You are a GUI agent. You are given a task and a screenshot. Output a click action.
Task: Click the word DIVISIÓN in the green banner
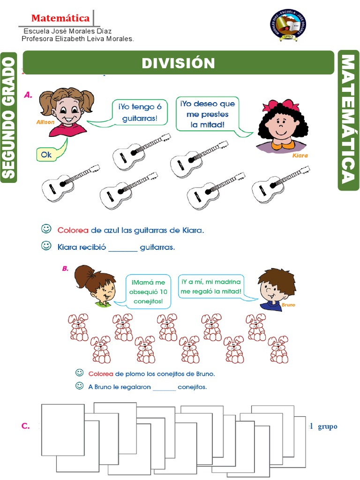click(x=178, y=63)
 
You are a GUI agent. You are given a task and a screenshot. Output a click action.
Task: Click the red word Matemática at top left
click(x=60, y=18)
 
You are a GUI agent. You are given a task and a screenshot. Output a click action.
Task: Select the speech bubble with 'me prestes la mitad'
click(x=207, y=114)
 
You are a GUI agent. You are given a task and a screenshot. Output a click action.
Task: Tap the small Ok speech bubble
click(x=47, y=154)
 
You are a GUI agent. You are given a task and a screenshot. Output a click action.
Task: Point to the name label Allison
click(x=45, y=122)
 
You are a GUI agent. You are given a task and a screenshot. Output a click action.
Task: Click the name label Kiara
click(x=300, y=155)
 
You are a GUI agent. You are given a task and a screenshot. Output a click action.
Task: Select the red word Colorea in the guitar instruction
click(x=73, y=230)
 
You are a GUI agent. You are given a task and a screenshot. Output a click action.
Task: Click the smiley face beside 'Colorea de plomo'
click(x=80, y=373)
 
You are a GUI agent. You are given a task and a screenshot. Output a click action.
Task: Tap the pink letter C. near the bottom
click(x=26, y=426)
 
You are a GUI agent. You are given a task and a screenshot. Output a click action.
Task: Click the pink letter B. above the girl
click(x=65, y=269)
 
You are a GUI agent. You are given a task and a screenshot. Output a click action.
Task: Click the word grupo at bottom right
click(x=328, y=427)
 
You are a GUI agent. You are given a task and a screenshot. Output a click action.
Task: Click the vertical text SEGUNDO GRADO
click(x=9, y=117)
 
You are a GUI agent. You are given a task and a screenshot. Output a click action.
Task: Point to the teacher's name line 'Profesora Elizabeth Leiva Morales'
click(x=78, y=39)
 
